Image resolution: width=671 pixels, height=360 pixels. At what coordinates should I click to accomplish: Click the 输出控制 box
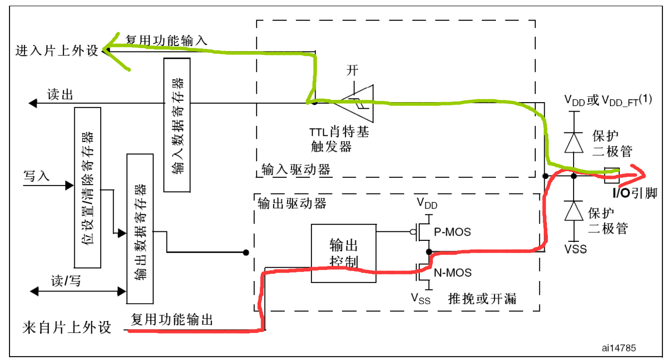pos(343,253)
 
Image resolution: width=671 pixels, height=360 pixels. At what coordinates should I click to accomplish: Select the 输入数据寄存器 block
pos(177,125)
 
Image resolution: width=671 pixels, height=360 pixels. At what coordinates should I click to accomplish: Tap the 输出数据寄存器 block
pos(140,228)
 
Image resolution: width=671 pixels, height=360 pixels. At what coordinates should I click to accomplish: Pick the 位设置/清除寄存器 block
pos(88,187)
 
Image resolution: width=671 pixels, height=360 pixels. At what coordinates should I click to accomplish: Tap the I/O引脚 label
pos(634,193)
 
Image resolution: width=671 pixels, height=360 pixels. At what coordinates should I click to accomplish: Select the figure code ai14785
pos(618,348)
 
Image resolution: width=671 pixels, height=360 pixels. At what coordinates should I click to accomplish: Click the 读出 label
pos(60,95)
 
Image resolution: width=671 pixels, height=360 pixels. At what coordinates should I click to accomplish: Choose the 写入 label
pos(36,176)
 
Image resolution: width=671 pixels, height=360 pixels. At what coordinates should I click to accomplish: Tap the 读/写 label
pos(66,281)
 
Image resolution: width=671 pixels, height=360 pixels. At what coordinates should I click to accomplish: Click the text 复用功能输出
pos(172,320)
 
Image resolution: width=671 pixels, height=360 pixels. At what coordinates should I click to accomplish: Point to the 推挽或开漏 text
pos(482,299)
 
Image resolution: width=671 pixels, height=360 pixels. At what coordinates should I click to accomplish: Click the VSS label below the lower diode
pos(575,248)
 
